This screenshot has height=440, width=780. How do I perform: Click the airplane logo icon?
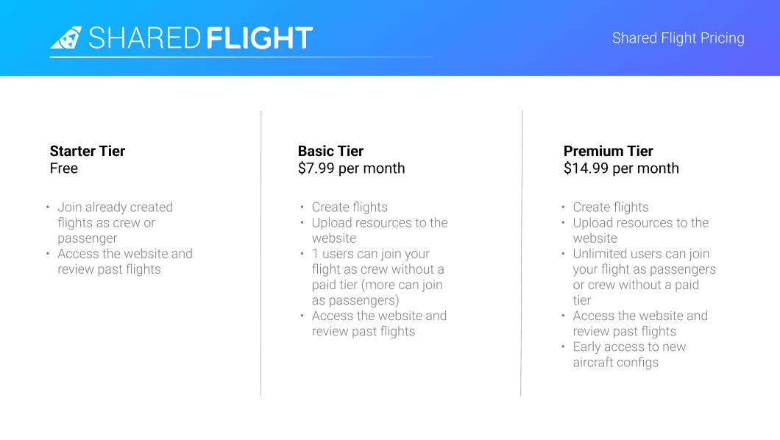66,38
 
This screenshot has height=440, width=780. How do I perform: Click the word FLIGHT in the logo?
259,38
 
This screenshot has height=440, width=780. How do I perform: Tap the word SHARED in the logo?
144,38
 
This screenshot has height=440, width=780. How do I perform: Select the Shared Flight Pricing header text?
678,38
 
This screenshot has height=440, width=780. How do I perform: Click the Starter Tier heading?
88,151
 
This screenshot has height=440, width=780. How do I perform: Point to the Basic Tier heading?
331,151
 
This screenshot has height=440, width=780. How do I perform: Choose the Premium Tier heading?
609,151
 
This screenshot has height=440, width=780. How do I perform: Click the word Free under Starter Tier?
64,168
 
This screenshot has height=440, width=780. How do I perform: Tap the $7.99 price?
316,168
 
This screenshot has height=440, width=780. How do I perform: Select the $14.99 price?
586,168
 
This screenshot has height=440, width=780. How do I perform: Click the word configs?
638,363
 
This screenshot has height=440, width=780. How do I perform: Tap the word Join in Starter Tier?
70,207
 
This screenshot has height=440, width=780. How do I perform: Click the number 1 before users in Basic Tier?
315,254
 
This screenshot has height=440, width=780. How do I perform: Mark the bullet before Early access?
563,347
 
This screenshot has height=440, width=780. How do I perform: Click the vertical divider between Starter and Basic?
261,254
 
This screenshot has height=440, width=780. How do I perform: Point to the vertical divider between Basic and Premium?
521,254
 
